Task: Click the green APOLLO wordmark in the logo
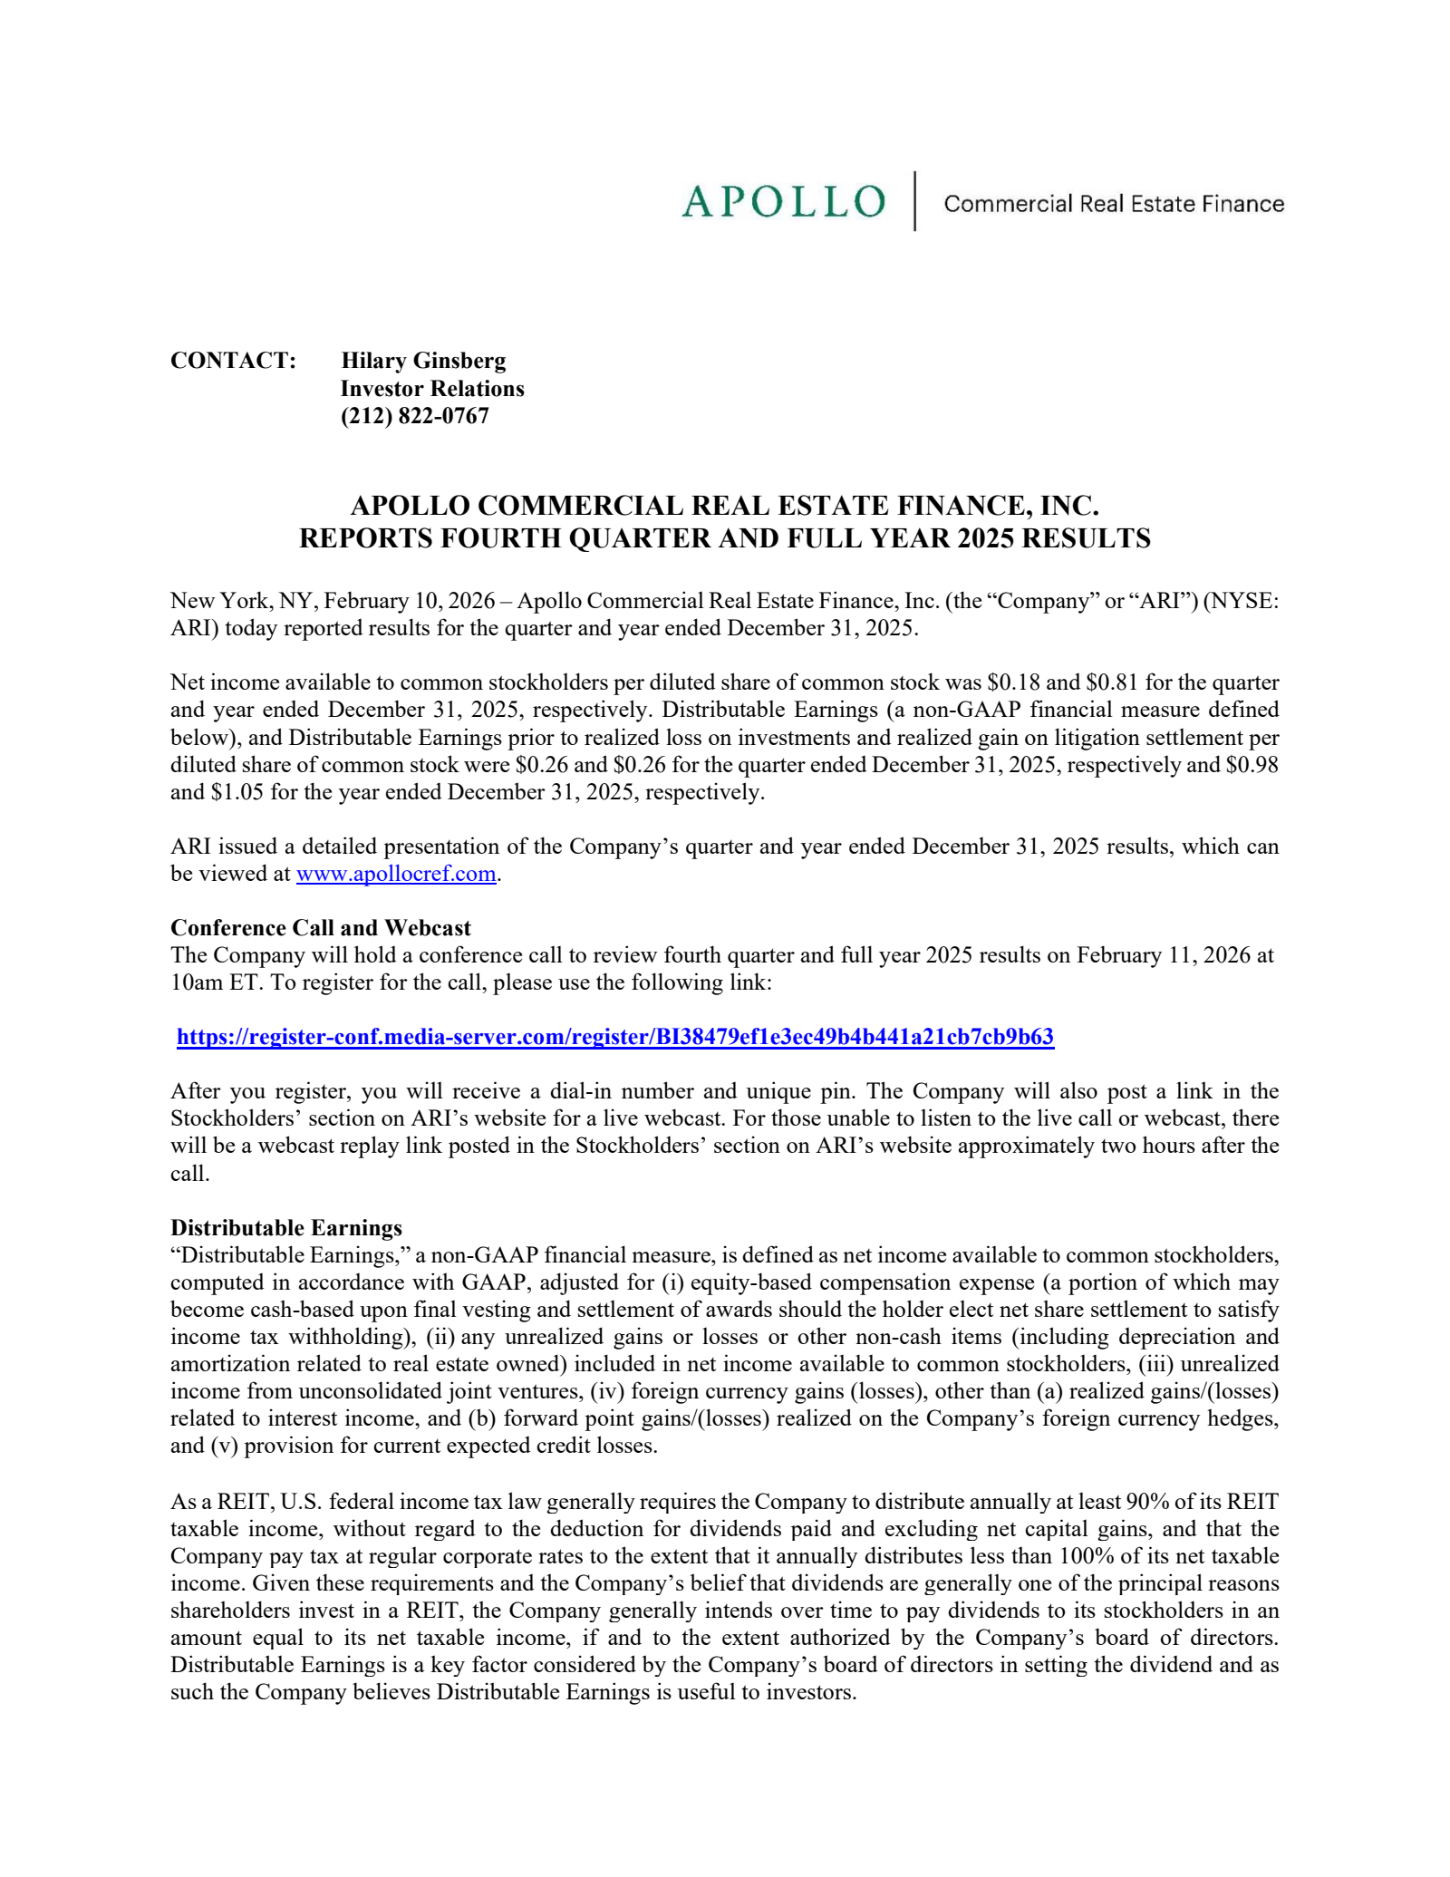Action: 783,201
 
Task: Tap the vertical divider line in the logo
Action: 914,201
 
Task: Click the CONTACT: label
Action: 233,361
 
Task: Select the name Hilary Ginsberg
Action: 423,361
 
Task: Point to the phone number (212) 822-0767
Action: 414,416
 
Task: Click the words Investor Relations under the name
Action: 432,389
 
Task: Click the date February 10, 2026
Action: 410,601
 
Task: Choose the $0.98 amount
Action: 1252,765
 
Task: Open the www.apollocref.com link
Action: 396,874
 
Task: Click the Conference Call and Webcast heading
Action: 321,928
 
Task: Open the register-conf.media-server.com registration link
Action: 615,1037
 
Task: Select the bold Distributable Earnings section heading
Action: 286,1228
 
